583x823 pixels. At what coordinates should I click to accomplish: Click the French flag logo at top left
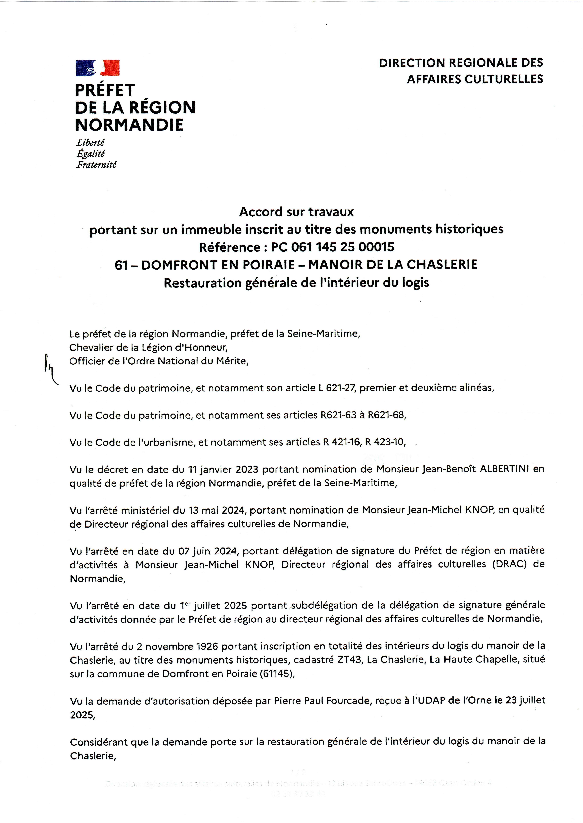(x=98, y=68)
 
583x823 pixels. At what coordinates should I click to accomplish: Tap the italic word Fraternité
(x=96, y=165)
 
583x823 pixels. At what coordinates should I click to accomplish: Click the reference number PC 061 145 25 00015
(x=332, y=247)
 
